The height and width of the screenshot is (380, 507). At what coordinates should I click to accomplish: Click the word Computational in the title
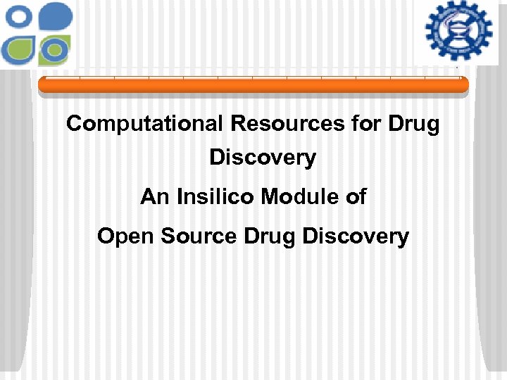pos(144,124)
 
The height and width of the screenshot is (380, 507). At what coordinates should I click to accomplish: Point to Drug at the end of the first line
pos(413,124)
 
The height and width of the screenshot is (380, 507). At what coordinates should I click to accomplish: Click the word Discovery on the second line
pos(263,158)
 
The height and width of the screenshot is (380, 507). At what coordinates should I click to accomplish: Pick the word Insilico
pos(215,196)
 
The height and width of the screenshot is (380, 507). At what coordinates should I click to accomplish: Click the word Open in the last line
pos(126,236)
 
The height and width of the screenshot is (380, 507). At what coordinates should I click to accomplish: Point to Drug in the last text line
pos(270,236)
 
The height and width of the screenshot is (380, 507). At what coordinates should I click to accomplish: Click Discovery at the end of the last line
pos(356,236)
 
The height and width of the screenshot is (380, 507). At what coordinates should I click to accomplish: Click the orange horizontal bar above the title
pos(253,86)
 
